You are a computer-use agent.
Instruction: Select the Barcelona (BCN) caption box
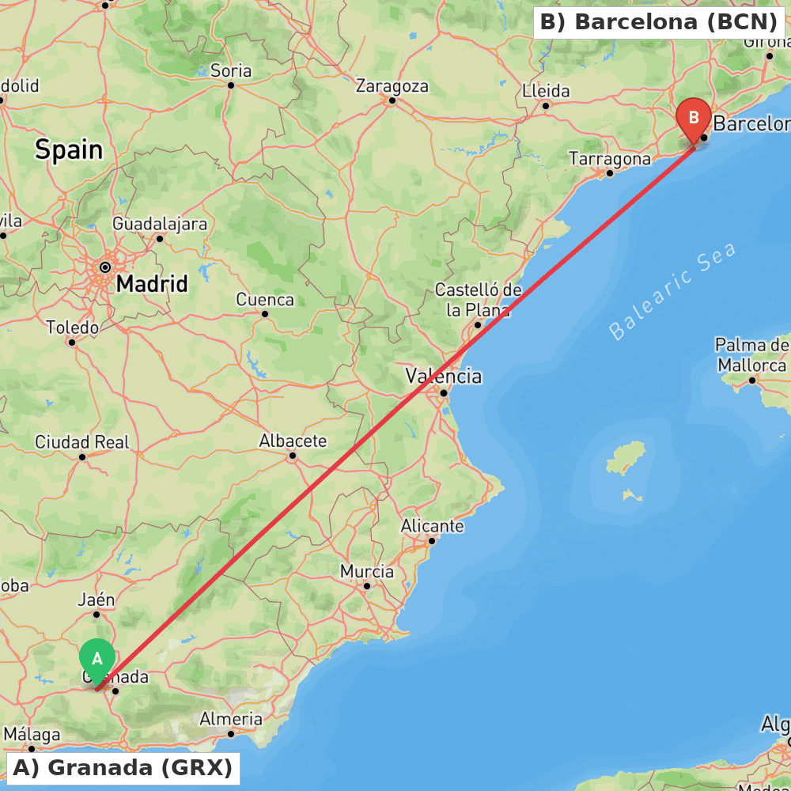click(660, 22)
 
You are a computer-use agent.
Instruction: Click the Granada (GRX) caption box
click(123, 767)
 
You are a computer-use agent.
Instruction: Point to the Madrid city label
click(152, 283)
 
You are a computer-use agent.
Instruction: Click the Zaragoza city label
click(392, 85)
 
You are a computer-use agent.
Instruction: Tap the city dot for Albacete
click(292, 455)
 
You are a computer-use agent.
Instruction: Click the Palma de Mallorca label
click(751, 355)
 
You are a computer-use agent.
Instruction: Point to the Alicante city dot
click(432, 541)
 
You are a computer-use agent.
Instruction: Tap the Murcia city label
click(367, 571)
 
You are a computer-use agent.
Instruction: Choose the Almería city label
click(231, 719)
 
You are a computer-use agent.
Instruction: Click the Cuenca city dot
click(265, 314)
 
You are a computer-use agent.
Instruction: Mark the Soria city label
click(231, 71)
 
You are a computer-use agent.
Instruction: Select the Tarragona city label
click(610, 159)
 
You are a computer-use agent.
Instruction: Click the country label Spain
click(69, 149)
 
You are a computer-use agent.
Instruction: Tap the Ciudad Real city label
click(81, 442)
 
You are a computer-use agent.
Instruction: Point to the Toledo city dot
click(71, 342)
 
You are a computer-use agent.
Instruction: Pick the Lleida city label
click(546, 91)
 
